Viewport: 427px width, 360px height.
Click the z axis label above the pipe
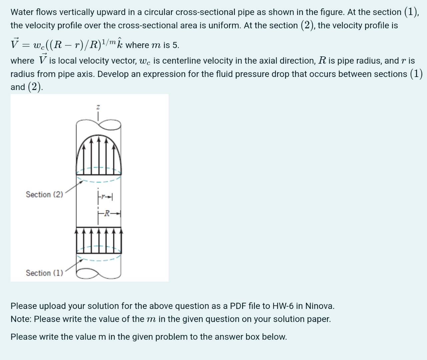[98, 107]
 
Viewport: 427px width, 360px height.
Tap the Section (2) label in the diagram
[44, 194]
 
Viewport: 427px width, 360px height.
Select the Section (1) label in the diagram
[44, 273]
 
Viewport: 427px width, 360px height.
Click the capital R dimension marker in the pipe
[107, 213]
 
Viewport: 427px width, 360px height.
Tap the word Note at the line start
[21, 319]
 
